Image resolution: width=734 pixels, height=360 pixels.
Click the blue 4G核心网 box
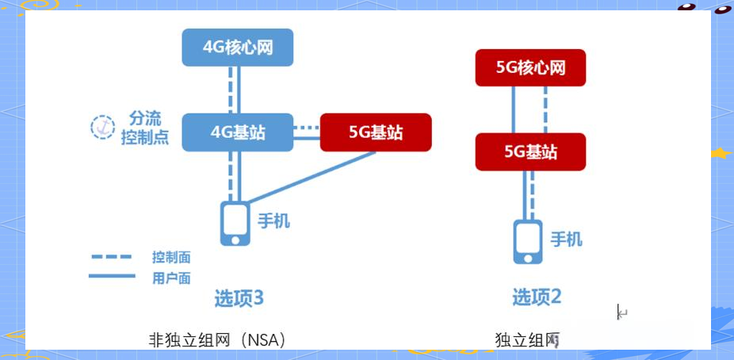click(x=238, y=48)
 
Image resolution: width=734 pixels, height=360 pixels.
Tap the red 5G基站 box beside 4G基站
click(x=376, y=132)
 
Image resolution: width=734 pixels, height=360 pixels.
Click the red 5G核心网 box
click(x=530, y=67)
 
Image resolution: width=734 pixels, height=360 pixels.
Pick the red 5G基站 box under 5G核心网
click(x=530, y=151)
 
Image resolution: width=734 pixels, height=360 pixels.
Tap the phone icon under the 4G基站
click(x=234, y=223)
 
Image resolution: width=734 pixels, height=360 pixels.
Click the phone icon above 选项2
click(x=528, y=242)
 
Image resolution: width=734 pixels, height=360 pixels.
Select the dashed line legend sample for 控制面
click(x=111, y=257)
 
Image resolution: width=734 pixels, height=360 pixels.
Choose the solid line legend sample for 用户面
click(x=111, y=276)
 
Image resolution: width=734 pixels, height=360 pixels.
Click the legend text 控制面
click(x=171, y=258)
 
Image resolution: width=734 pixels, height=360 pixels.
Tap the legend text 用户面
click(x=171, y=278)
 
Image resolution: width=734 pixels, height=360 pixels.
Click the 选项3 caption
click(x=239, y=299)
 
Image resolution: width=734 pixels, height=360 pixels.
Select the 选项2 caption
click(x=537, y=298)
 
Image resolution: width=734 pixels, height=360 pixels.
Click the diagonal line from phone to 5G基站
click(x=309, y=176)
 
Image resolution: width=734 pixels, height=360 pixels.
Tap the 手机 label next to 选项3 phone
click(x=273, y=220)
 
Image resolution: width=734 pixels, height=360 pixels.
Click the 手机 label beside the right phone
click(x=566, y=239)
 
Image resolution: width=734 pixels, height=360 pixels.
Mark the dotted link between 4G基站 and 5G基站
click(x=306, y=126)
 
